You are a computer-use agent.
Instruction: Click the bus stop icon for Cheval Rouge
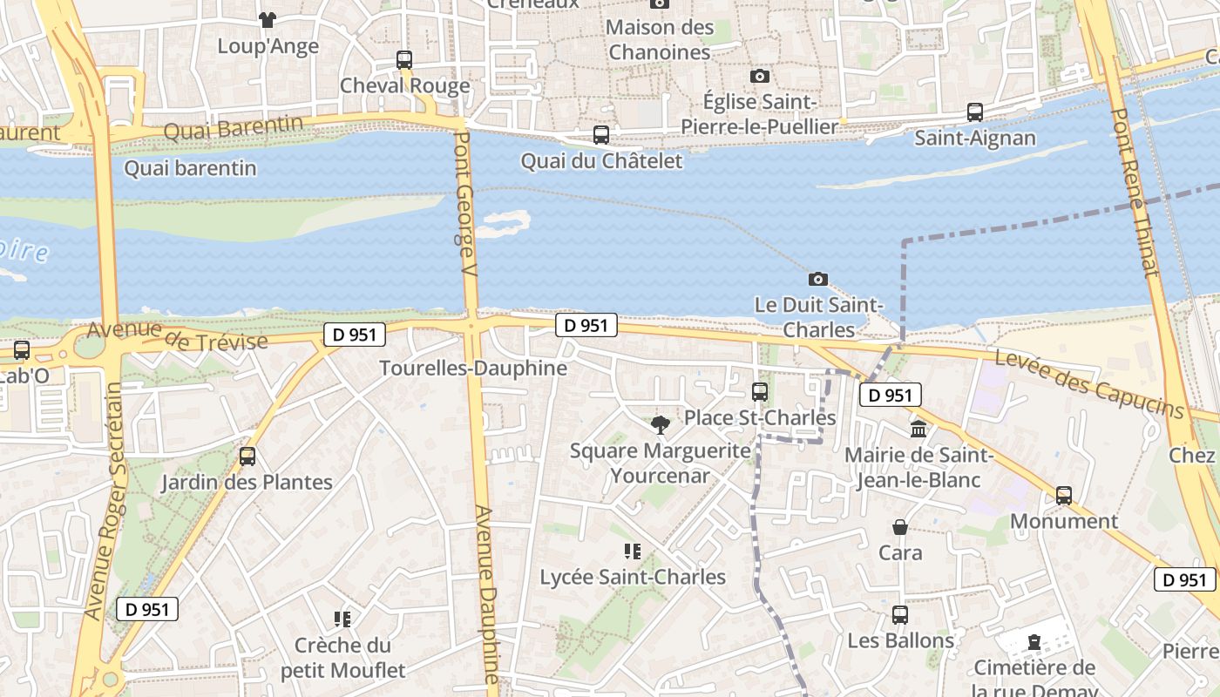coord(404,60)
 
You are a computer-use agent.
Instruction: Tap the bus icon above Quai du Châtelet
coord(601,135)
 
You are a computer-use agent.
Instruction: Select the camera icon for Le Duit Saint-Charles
coord(817,280)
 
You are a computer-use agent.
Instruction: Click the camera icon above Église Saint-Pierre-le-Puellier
coord(760,77)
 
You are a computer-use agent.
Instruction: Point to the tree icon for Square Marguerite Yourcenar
coord(661,425)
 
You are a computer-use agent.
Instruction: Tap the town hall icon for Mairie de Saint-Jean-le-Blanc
coord(918,430)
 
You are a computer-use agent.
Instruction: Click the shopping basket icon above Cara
coord(900,527)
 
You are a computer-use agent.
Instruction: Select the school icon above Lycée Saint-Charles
coord(633,551)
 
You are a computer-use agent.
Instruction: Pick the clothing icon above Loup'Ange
coord(268,19)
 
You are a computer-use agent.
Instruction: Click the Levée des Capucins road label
coord(1089,383)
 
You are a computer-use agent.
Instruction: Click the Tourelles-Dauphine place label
coord(473,369)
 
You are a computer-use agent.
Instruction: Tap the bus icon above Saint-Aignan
coord(975,112)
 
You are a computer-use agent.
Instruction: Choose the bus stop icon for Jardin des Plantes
coord(247,457)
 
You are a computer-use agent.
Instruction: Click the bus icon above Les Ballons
coord(900,615)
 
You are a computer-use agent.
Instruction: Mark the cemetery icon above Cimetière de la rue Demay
coord(1034,643)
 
